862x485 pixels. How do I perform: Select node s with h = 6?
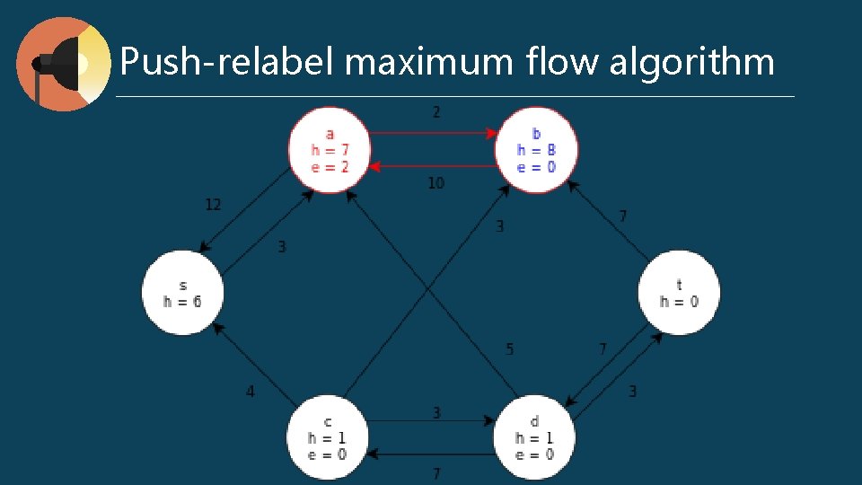[x=182, y=293]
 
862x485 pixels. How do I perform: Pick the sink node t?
[x=679, y=293]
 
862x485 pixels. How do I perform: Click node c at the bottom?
[x=327, y=437]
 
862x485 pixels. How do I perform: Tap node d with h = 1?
[x=534, y=437]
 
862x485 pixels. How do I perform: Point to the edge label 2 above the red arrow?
[x=436, y=112]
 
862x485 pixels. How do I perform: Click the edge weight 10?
[x=435, y=183]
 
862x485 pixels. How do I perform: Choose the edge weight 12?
[x=213, y=205]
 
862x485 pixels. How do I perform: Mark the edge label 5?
[x=510, y=348]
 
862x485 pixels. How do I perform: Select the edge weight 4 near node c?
[x=251, y=391]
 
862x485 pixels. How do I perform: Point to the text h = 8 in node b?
[x=536, y=150]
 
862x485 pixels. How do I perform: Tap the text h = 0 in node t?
[x=679, y=301]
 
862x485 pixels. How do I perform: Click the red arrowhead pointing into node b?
[x=491, y=133]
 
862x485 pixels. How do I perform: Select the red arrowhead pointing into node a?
[x=375, y=166]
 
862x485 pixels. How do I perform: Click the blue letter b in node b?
[x=537, y=134]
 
